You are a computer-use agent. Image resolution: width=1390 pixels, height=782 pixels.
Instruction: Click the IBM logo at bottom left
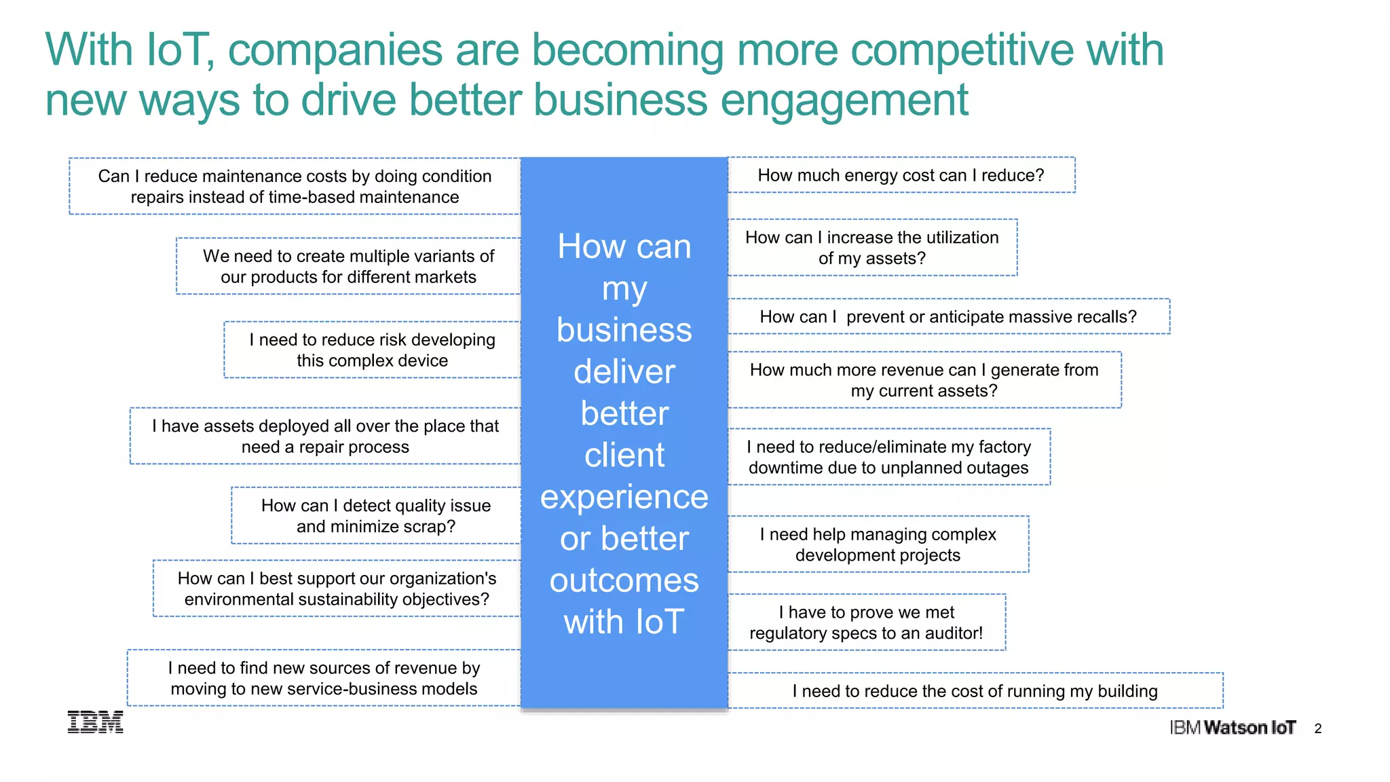pos(95,722)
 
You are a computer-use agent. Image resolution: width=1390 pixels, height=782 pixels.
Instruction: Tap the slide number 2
pos(1317,728)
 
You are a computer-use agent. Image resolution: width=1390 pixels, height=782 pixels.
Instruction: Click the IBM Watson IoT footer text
pos(1233,728)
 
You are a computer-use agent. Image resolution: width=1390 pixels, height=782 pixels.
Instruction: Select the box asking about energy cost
pos(901,175)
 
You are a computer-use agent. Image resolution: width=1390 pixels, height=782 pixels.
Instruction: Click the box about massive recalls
pos(948,316)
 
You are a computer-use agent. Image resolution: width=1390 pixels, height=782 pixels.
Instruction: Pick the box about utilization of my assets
pos(872,248)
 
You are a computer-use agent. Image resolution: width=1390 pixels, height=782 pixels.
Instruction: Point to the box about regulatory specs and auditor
pos(866,622)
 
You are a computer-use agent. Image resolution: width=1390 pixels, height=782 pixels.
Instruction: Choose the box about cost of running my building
pos(975,691)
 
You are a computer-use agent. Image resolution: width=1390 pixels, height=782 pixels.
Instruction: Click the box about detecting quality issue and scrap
pos(376,516)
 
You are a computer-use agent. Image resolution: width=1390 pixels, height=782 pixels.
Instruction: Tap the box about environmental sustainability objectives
pos(337,589)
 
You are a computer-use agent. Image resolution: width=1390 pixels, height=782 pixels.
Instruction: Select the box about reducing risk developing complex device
pos(372,350)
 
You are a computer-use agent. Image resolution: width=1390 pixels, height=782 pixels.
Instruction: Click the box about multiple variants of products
pos(348,266)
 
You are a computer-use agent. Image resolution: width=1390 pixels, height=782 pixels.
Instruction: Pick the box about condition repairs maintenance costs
pos(295,187)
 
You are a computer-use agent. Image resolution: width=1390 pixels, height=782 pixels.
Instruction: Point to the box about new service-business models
pos(324,678)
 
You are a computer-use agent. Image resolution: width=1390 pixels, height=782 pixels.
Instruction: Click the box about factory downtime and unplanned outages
pos(888,457)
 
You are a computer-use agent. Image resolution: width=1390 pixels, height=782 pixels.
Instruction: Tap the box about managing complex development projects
pos(878,544)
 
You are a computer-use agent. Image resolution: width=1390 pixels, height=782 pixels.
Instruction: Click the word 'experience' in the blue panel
pos(624,497)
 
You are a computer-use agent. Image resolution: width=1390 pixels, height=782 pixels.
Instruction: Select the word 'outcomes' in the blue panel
pos(624,581)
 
